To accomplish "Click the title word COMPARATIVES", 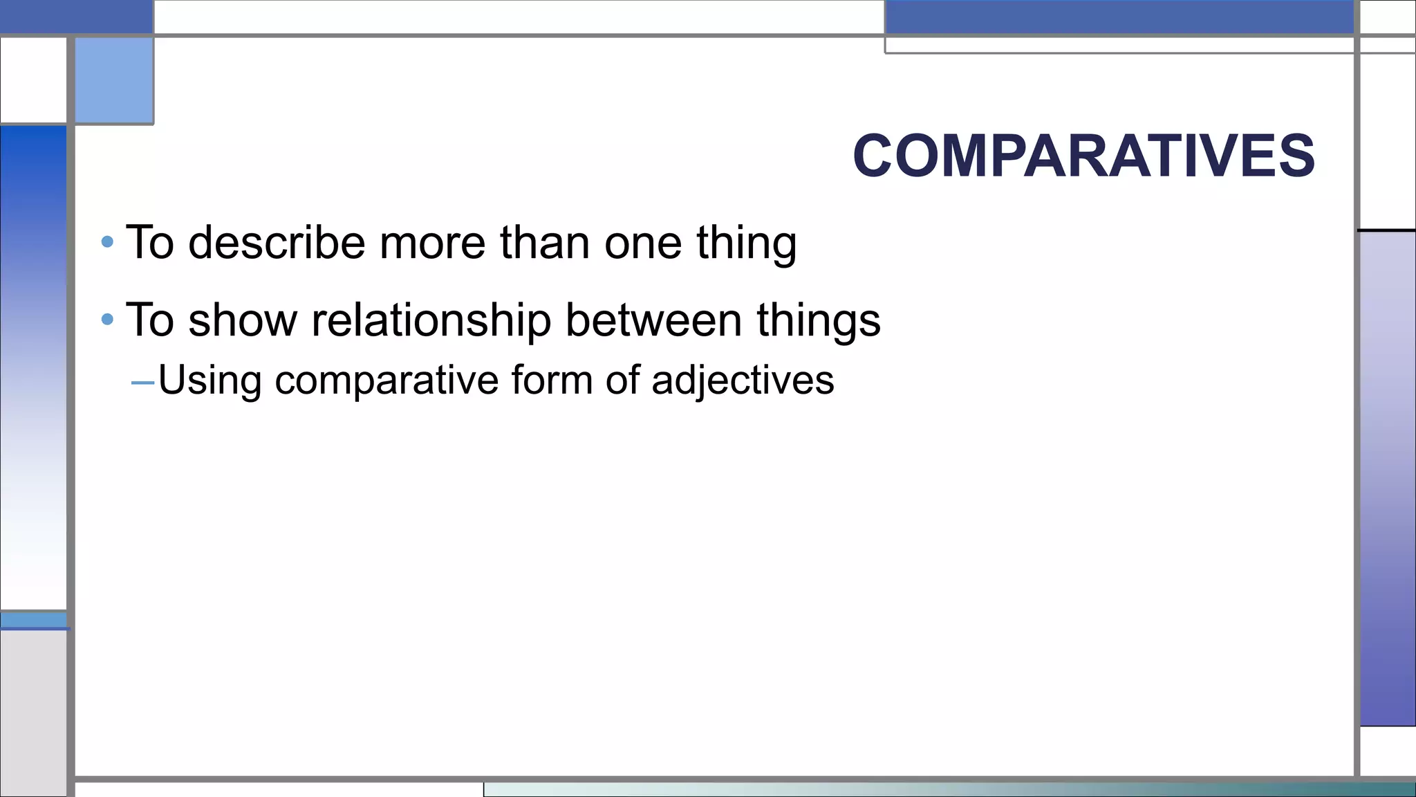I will (x=1083, y=156).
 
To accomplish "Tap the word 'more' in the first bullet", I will (x=432, y=244).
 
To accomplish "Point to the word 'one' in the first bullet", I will (x=643, y=244).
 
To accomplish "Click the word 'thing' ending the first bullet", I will (x=746, y=244).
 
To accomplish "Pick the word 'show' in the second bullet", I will (x=243, y=320).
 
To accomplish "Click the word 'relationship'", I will (x=431, y=321).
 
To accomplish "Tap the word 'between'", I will (x=653, y=320).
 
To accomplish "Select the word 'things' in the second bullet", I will (x=819, y=321).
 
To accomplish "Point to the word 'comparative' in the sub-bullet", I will (x=386, y=381).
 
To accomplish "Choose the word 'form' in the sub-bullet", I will (x=552, y=380).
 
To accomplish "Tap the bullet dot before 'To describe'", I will (x=107, y=242).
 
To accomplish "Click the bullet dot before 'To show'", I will (x=107, y=320).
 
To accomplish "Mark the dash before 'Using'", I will (x=142, y=382).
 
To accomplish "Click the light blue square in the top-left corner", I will (x=114, y=80).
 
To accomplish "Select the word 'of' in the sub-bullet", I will (x=622, y=380).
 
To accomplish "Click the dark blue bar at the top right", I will (x=1119, y=17).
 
